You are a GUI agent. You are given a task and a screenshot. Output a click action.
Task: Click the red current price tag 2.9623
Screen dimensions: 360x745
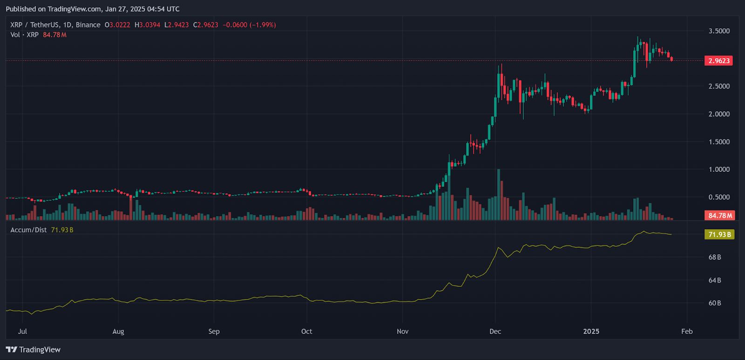click(x=719, y=61)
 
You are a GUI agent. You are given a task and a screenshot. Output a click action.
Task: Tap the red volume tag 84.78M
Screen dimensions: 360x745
click(x=720, y=216)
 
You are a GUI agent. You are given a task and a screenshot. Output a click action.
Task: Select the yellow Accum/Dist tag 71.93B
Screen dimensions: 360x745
click(x=719, y=234)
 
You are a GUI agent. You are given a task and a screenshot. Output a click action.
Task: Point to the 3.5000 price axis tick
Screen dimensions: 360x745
click(x=719, y=31)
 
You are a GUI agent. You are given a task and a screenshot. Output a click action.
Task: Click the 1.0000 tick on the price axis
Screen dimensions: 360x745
click(x=719, y=170)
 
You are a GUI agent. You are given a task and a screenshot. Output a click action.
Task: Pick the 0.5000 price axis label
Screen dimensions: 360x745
click(x=719, y=197)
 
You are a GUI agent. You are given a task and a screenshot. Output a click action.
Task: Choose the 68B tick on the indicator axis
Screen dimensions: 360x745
click(x=715, y=257)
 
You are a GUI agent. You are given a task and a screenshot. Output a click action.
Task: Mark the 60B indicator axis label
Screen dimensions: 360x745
click(x=715, y=303)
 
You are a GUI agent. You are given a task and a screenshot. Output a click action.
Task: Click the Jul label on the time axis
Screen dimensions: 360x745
click(x=22, y=332)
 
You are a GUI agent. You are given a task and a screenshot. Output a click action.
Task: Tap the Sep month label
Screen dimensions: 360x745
click(x=214, y=332)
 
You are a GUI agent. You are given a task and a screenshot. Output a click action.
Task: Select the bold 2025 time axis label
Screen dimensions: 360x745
click(x=591, y=332)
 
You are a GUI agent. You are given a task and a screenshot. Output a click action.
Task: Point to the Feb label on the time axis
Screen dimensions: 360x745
click(x=687, y=332)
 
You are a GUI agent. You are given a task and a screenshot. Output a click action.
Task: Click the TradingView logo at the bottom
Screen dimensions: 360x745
click(x=33, y=350)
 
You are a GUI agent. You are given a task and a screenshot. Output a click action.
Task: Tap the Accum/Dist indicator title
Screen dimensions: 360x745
click(x=28, y=230)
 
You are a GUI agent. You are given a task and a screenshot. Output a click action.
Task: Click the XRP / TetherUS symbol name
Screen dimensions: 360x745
click(x=32, y=25)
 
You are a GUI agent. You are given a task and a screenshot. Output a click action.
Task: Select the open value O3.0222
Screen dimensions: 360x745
click(x=117, y=25)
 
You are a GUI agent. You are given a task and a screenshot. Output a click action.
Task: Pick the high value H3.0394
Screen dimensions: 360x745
click(x=147, y=25)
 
